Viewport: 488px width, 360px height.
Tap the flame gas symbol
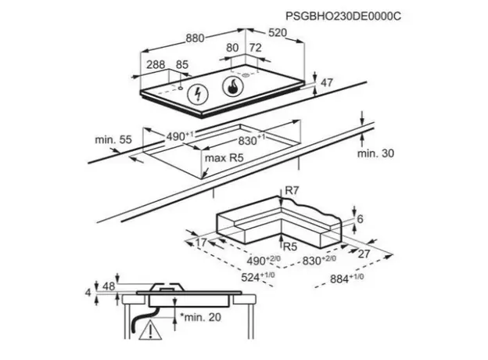(233, 87)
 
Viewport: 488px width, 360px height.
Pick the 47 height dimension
(328, 83)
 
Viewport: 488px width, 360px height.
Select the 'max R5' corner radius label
(226, 159)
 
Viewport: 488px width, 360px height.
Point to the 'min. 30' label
(378, 155)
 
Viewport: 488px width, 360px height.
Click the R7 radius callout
(292, 189)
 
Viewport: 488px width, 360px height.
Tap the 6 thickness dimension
(361, 221)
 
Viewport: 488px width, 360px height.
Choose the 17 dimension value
(201, 243)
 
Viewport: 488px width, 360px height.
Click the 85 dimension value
(183, 66)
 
